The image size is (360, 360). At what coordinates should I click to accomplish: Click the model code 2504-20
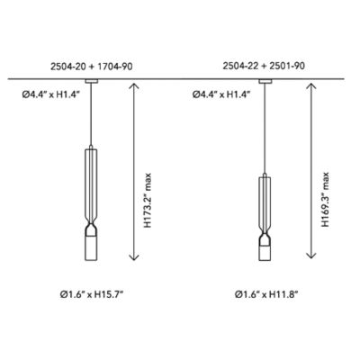pyautogui.click(x=67, y=67)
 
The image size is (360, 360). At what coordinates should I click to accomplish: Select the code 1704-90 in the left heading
pyautogui.click(x=115, y=67)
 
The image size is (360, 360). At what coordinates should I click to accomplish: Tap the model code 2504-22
pyautogui.click(x=240, y=66)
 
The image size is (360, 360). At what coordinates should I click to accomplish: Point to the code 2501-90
pyautogui.click(x=287, y=66)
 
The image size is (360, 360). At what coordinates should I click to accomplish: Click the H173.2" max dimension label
pyautogui.click(x=148, y=200)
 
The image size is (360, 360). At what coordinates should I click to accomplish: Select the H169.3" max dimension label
pyautogui.click(x=325, y=200)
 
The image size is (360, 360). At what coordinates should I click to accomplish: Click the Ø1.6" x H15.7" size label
pyautogui.click(x=92, y=294)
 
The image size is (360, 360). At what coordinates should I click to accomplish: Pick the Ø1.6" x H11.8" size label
pyautogui.click(x=266, y=294)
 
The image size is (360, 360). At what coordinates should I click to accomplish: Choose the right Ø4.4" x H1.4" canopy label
pyautogui.click(x=221, y=94)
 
